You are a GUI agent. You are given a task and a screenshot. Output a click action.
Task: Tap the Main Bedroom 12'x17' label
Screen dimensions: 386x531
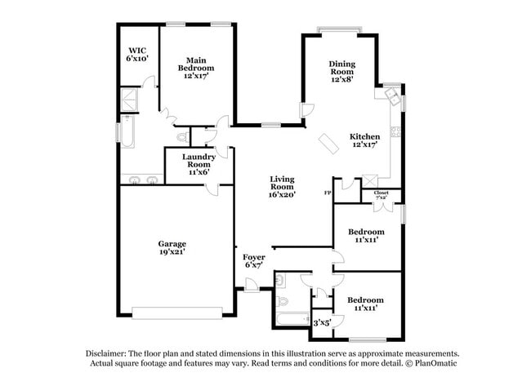[195, 65]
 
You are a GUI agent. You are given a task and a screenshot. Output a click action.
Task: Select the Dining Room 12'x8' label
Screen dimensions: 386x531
[342, 69]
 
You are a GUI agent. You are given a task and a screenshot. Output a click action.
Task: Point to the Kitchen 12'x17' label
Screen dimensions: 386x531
[364, 140]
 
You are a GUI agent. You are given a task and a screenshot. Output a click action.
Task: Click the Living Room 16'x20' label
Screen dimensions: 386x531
[283, 187]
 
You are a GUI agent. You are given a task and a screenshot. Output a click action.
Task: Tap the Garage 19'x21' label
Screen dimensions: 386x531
[172, 248]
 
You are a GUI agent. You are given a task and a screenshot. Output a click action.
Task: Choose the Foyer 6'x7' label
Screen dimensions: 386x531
[254, 261]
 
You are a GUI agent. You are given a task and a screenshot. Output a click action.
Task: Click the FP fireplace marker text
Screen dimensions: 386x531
[328, 193]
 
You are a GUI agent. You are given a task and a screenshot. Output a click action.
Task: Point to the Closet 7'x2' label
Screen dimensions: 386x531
[382, 195]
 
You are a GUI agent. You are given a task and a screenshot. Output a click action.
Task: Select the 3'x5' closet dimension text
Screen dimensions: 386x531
[322, 322]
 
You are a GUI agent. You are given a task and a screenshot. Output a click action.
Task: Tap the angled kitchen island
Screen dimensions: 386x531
[329, 142]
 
